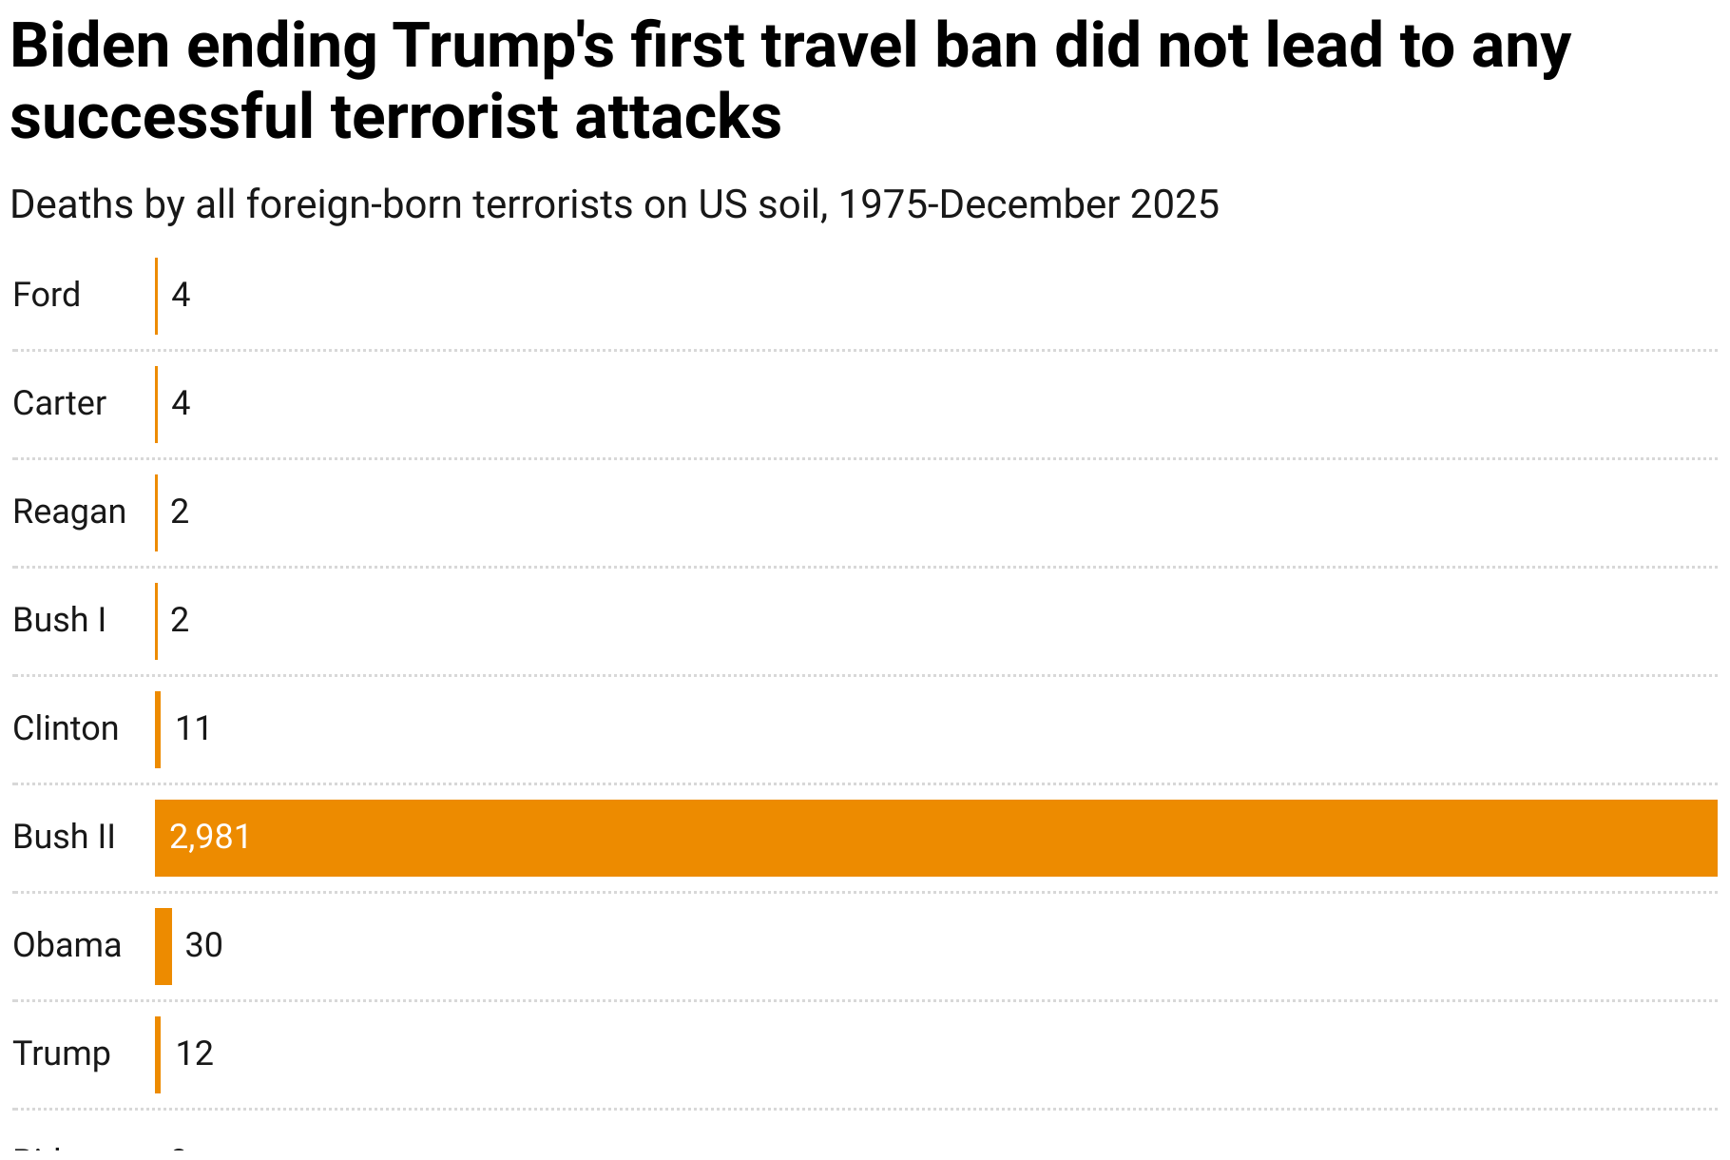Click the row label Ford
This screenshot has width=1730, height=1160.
(x=47, y=295)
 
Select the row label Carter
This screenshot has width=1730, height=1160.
(x=59, y=403)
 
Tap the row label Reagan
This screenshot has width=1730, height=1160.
(x=69, y=512)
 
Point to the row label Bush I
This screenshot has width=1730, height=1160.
(x=59, y=620)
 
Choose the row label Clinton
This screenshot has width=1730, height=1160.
(x=66, y=728)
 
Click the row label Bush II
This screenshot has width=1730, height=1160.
(x=64, y=837)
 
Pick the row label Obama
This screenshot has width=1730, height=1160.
(x=67, y=945)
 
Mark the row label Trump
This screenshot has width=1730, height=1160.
(x=62, y=1054)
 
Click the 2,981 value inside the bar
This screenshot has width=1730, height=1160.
(x=210, y=837)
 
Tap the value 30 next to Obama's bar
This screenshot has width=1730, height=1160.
(x=203, y=945)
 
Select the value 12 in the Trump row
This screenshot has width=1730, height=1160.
(x=194, y=1054)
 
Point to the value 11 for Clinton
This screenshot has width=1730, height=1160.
(x=193, y=728)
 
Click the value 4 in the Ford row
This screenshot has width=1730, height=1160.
(x=181, y=295)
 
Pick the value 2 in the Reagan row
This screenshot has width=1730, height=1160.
(x=180, y=512)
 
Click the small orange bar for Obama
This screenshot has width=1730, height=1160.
(x=163, y=946)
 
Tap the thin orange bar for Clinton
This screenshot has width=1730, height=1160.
(x=158, y=729)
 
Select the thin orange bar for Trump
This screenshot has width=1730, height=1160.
(x=158, y=1054)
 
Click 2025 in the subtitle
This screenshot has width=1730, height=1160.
(x=1175, y=204)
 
